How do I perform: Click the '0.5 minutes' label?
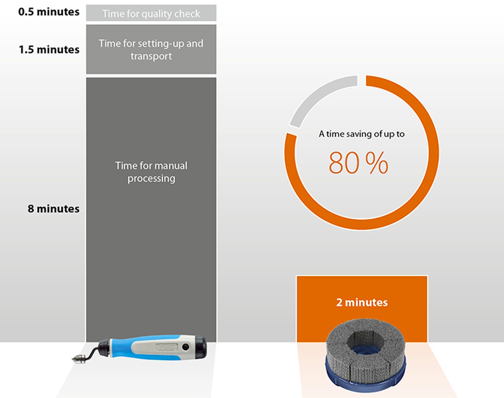(49, 12)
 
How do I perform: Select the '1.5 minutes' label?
(49, 49)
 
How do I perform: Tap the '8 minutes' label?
(53, 208)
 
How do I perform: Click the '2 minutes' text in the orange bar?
(362, 303)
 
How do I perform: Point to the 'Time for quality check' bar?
(151, 13)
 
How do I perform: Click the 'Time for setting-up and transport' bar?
(151, 49)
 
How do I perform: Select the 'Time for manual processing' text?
(151, 172)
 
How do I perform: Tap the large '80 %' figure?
(358, 163)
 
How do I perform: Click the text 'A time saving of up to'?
(362, 134)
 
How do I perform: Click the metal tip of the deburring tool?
(79, 358)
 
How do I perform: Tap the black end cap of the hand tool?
(201, 347)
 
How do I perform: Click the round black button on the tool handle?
(186, 347)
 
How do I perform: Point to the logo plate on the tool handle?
(167, 347)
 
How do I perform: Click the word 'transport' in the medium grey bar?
(151, 56)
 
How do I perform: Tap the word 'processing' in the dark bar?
(151, 178)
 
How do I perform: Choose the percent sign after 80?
(377, 163)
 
